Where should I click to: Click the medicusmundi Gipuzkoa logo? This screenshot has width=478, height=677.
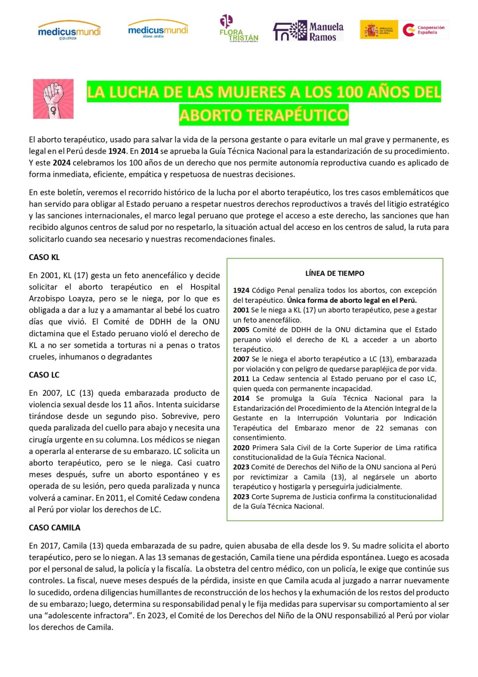pos(69,30)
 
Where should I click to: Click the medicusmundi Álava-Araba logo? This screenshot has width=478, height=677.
pos(158,29)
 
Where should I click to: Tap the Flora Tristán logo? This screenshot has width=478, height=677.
pos(238,29)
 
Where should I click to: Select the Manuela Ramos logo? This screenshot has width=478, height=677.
pos(308,31)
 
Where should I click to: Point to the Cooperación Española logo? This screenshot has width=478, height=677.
pos(425,30)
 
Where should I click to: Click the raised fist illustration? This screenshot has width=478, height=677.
pos(53,99)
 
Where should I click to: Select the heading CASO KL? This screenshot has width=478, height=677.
pos(44,257)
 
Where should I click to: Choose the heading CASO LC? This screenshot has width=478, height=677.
pos(44,375)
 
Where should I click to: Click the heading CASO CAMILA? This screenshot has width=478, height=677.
pos(55,528)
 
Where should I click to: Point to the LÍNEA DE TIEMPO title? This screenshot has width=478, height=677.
pos(335,273)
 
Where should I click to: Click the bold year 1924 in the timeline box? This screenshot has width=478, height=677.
pos(241,290)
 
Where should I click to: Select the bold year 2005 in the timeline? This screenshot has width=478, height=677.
pos(241,330)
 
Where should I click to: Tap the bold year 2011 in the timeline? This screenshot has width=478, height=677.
pos(241,379)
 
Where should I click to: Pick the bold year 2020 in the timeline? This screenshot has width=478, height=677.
pos(241,448)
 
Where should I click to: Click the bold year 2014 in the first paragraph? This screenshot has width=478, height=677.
pos(149,151)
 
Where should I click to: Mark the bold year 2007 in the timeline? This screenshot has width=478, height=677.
pos(241,359)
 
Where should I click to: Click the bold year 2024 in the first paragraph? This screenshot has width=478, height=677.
pos(62,163)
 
